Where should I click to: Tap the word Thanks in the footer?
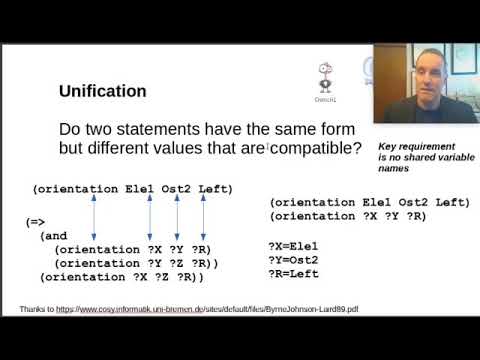33,310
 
